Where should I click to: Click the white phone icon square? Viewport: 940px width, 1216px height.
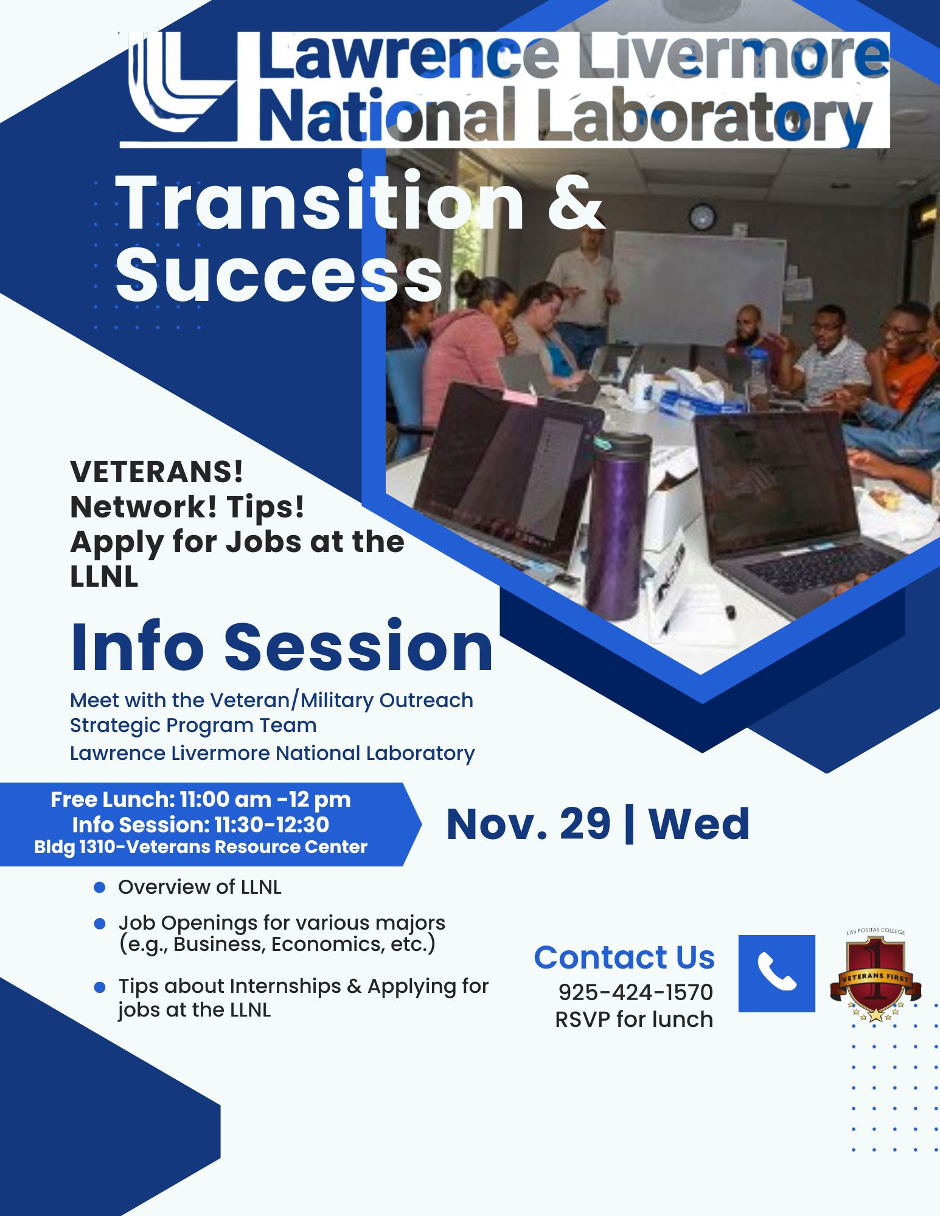click(x=776, y=973)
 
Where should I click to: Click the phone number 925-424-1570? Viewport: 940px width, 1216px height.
click(x=636, y=992)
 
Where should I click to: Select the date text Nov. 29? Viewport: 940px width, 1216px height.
click(x=528, y=824)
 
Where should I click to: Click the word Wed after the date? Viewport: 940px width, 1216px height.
click(x=699, y=824)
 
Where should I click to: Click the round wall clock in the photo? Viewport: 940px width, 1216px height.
click(x=702, y=217)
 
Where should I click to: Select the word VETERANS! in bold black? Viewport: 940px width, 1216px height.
click(x=156, y=472)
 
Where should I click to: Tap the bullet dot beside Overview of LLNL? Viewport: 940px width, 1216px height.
click(x=100, y=888)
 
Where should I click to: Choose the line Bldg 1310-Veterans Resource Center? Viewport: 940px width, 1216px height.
click(x=201, y=847)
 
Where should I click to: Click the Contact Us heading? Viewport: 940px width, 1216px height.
click(x=624, y=958)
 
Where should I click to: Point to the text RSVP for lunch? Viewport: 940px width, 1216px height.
click(x=634, y=1019)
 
